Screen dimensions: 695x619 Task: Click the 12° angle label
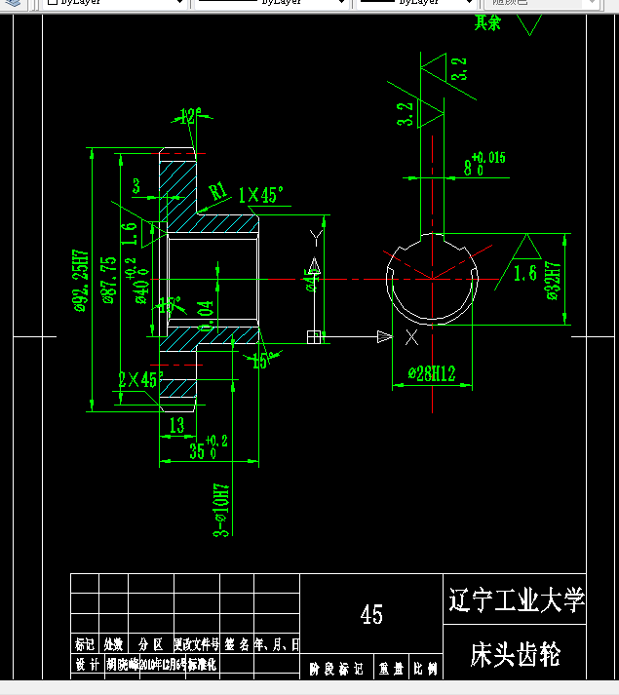pyautogui.click(x=189, y=116)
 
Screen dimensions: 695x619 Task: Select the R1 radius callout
pyautogui.click(x=218, y=190)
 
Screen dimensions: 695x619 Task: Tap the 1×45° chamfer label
pyautogui.click(x=260, y=195)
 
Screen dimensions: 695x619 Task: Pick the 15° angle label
pyautogui.click(x=260, y=362)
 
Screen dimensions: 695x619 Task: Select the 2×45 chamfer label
pyautogui.click(x=137, y=379)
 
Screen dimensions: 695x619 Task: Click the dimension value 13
pyautogui.click(x=176, y=424)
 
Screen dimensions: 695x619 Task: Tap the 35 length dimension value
pyautogui.click(x=197, y=450)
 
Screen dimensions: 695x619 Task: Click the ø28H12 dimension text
pyautogui.click(x=431, y=373)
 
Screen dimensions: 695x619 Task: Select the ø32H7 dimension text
pyautogui.click(x=554, y=283)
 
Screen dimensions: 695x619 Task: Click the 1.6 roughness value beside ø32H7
pyautogui.click(x=524, y=273)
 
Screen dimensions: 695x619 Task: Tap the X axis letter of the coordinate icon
pyautogui.click(x=411, y=337)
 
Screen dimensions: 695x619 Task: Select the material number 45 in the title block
pyautogui.click(x=371, y=614)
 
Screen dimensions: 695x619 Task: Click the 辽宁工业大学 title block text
pyautogui.click(x=515, y=599)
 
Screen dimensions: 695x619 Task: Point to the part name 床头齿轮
pyautogui.click(x=515, y=653)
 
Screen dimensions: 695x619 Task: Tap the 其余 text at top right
pyautogui.click(x=487, y=22)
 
